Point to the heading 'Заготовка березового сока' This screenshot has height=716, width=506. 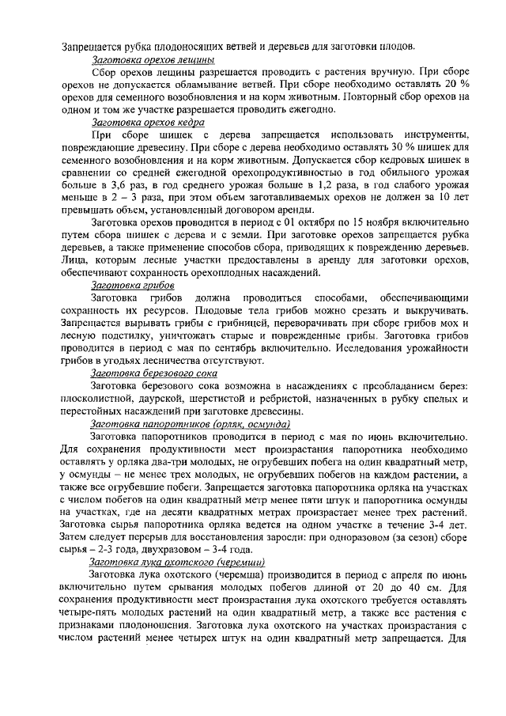pyautogui.click(x=154, y=372)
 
